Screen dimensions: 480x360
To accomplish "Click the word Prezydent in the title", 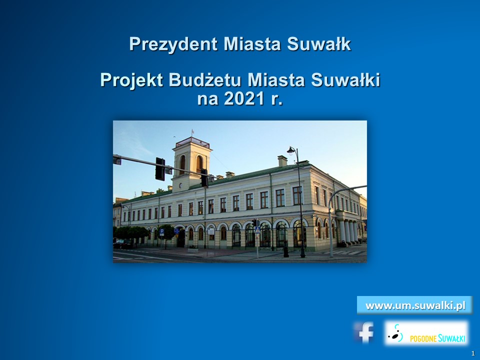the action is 173,44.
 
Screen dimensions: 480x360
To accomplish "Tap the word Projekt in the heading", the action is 131,80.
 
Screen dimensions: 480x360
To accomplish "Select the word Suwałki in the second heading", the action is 345,80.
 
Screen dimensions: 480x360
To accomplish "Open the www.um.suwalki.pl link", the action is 415,305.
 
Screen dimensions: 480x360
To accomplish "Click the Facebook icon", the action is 365,332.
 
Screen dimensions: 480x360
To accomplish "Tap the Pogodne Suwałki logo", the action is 426,333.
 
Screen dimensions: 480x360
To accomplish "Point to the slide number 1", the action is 473,353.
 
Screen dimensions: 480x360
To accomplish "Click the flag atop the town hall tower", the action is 192,132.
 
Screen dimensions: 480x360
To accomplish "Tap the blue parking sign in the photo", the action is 162,231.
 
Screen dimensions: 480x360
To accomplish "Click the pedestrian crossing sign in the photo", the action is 257,229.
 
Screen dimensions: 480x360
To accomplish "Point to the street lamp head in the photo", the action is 291,150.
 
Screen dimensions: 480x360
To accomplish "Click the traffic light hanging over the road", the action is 160,168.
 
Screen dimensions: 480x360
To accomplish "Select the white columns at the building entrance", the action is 349,231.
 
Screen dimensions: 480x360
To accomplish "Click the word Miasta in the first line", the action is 252,44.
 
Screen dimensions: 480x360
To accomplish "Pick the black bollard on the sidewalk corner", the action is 286,251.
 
